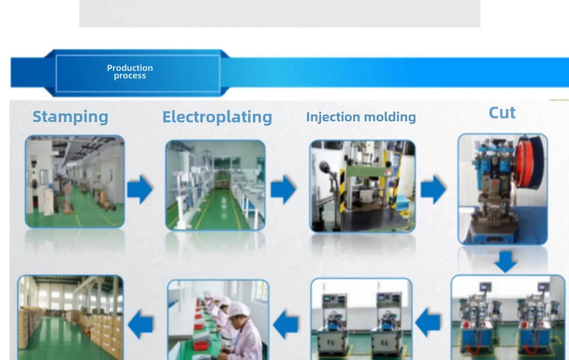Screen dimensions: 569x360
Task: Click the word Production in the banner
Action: (130, 68)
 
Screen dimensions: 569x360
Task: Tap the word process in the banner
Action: (130, 76)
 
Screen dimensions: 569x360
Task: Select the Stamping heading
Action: (70, 117)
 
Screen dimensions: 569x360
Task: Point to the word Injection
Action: (333, 117)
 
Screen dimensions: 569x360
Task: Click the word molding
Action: (390, 117)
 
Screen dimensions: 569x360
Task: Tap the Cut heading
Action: (502, 113)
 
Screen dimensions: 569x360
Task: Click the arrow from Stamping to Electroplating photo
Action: (140, 189)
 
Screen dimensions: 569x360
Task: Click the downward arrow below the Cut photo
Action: (506, 262)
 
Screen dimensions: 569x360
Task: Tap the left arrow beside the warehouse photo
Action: (140, 324)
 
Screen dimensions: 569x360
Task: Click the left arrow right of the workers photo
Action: (286, 324)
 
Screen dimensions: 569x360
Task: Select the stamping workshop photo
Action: (75, 181)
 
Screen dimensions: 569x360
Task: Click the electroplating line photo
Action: (215, 185)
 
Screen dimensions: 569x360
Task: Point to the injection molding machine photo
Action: (363, 186)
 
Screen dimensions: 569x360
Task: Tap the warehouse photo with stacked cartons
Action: (70, 318)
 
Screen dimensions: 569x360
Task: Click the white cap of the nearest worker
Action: (239, 309)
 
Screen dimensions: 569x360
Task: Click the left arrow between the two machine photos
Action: (428, 323)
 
